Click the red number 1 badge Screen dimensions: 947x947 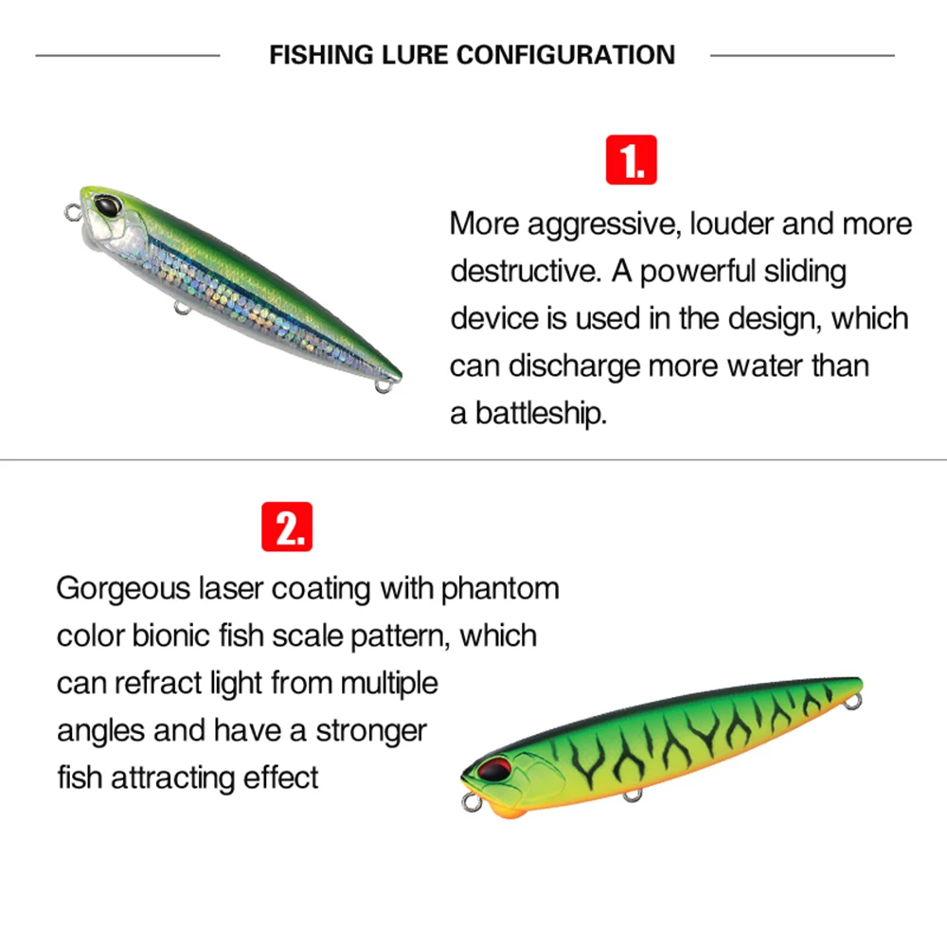[x=631, y=159]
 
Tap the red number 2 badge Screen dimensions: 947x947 [x=287, y=527]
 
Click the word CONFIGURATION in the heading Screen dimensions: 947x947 [x=565, y=55]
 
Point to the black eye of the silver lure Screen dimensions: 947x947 [x=108, y=205]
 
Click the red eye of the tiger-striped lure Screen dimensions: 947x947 [x=494, y=769]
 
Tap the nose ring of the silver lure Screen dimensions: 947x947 [x=73, y=212]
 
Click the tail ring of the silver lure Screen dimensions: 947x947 [x=384, y=385]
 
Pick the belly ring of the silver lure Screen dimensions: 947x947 [x=182, y=308]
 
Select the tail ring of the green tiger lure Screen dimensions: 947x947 [x=853, y=702]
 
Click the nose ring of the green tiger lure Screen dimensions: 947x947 [x=471, y=803]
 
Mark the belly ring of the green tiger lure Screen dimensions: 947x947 [x=633, y=795]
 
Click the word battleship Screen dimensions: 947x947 [x=541, y=414]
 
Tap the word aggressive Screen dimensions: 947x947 [x=602, y=224]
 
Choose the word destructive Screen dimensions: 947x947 [x=526, y=271]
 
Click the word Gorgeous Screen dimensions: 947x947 [x=123, y=589]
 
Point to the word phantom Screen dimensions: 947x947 [x=500, y=589]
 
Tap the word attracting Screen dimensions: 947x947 [x=172, y=777]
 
